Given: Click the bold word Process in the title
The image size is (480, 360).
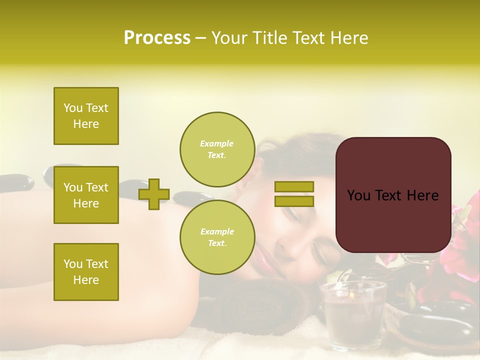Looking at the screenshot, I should click(157, 38).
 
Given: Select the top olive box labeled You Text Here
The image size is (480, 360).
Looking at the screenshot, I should click(86, 116).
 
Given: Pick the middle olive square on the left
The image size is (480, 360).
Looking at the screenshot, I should click(86, 195).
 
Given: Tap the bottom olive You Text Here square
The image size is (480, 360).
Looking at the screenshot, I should click(86, 271).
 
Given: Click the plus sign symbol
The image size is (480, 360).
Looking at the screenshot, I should click(153, 194).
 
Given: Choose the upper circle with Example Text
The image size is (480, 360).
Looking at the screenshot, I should click(217, 149).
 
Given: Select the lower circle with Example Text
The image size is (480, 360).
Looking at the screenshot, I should click(217, 237).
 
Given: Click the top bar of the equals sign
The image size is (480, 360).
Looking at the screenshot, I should click(294, 186).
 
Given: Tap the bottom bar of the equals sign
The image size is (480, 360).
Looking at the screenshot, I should click(294, 201).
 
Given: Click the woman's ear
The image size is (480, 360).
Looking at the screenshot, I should click(240, 189).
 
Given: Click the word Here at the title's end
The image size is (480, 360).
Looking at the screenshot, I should click(349, 38).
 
